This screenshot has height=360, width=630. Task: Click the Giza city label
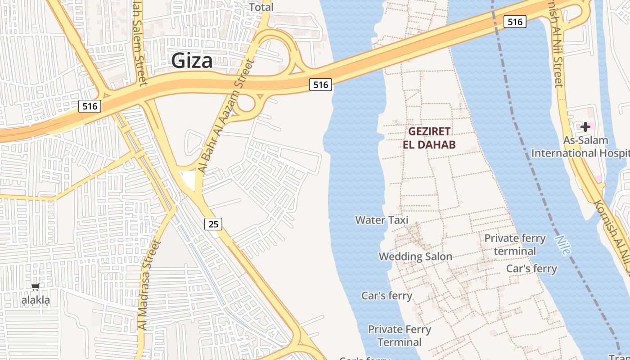(192, 61)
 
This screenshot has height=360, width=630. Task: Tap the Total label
(261, 7)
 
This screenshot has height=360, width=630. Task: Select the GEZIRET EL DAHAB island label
(429, 138)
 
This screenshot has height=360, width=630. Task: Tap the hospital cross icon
(585, 127)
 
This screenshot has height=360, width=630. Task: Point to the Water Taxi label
(382, 220)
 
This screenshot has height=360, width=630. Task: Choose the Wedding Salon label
(415, 256)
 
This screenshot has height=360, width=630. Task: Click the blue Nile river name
(562, 245)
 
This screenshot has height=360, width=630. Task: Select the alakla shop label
(36, 300)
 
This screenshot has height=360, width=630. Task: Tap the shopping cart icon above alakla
(36, 287)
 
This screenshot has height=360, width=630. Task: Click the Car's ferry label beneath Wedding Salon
(387, 296)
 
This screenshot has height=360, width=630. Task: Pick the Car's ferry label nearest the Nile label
(531, 269)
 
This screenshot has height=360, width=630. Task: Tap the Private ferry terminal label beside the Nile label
(515, 244)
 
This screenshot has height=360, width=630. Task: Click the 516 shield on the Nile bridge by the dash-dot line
(515, 22)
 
